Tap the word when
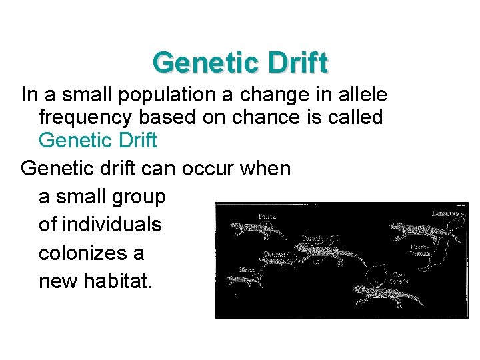[x=265, y=169]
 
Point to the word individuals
[x=100, y=225]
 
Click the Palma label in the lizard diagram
[x=267, y=216]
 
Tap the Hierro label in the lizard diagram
[x=245, y=269]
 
